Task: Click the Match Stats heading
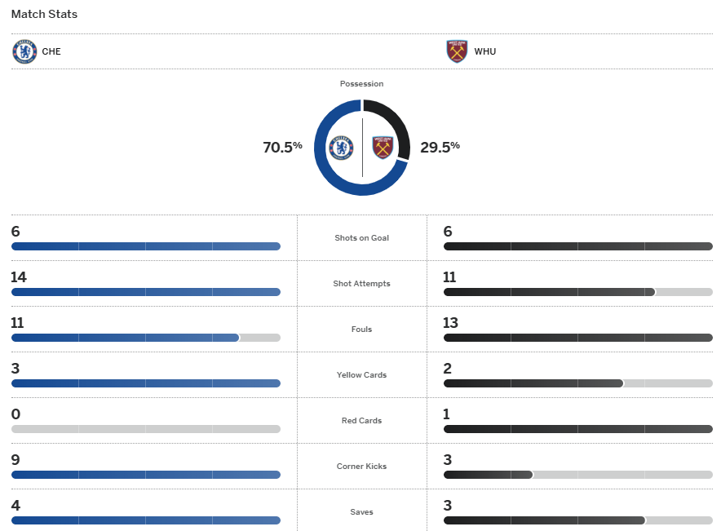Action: click(44, 15)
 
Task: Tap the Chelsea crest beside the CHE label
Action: click(24, 51)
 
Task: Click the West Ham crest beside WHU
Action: click(458, 51)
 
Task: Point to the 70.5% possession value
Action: click(282, 148)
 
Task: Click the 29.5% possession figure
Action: click(440, 148)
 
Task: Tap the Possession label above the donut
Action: click(361, 84)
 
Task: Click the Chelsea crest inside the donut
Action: click(341, 148)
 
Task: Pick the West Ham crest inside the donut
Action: click(383, 148)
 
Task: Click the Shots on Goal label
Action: click(361, 238)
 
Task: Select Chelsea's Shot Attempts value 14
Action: click(19, 277)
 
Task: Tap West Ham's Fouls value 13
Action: click(451, 323)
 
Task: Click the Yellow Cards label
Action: click(361, 375)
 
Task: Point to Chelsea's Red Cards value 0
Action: click(15, 414)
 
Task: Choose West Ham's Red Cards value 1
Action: click(446, 414)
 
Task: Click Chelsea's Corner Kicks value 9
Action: click(15, 460)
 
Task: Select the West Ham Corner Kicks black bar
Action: click(488, 475)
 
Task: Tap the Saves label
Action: click(361, 512)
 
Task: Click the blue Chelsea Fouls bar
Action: click(125, 338)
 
